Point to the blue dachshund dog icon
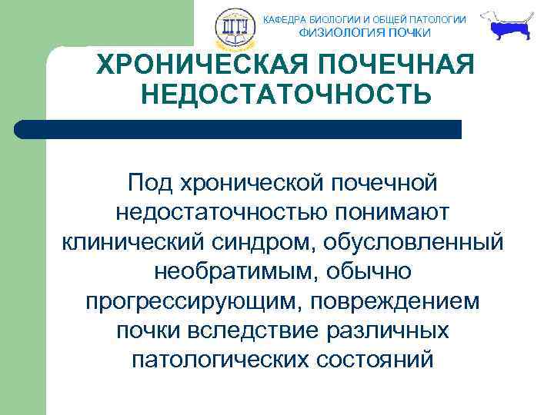(x=509, y=28)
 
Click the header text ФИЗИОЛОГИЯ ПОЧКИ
(x=365, y=32)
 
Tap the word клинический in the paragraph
(x=132, y=241)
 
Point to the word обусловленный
(x=416, y=241)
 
